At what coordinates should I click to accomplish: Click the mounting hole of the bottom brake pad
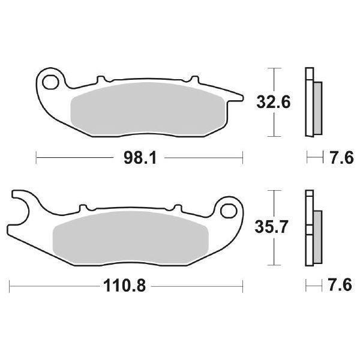pos(228,210)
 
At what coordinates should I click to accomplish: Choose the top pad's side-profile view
pos(312,102)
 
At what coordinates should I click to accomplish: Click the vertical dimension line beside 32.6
pos(274,103)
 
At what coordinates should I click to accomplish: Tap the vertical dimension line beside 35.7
pos(274,228)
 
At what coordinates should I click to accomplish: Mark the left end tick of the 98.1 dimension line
pos(37,158)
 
